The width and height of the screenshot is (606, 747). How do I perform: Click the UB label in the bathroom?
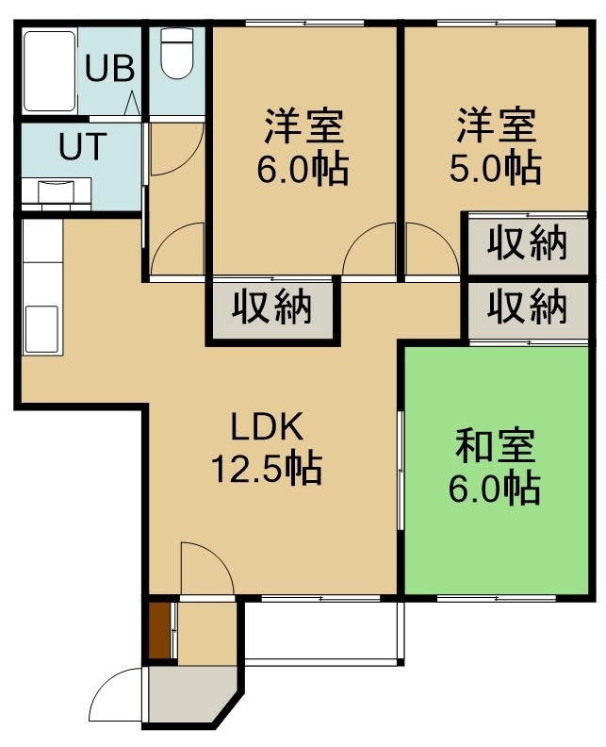pyautogui.click(x=109, y=68)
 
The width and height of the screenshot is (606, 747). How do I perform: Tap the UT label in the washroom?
pyautogui.click(x=82, y=146)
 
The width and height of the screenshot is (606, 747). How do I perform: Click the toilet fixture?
pyautogui.click(x=176, y=53)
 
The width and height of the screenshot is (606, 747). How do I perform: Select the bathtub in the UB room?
pyautogui.click(x=50, y=71)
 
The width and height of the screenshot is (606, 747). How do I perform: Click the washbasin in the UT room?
pyautogui.click(x=57, y=192)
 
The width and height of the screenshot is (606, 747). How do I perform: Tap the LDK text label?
pyautogui.click(x=267, y=426)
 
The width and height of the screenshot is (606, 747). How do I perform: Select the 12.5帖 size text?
pyautogui.click(x=267, y=469)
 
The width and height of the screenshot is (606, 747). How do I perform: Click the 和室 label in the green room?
pyautogui.click(x=495, y=446)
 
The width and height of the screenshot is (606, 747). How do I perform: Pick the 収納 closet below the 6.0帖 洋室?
pyautogui.click(x=271, y=307)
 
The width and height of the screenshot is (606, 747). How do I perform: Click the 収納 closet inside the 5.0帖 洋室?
pyautogui.click(x=527, y=244)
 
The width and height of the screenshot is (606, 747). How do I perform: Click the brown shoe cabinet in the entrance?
pyautogui.click(x=159, y=631)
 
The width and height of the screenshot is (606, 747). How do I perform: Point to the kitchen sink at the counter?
pyautogui.click(x=41, y=329)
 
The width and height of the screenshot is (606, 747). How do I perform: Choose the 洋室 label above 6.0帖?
pyautogui.click(x=303, y=126)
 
